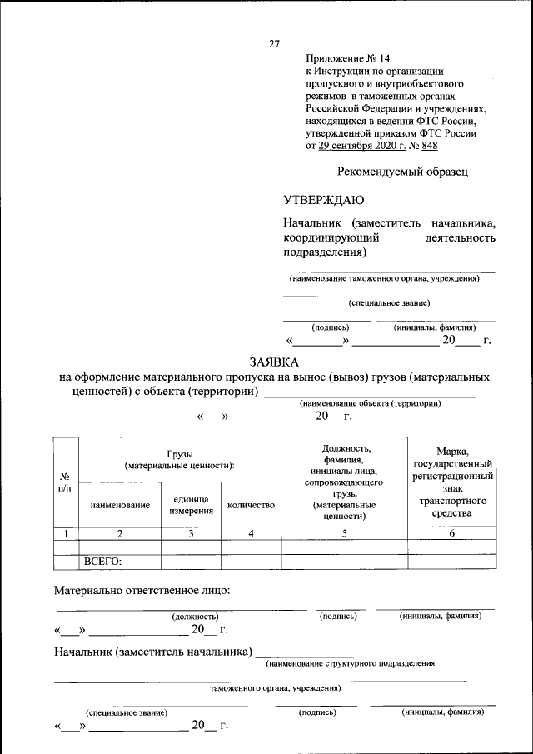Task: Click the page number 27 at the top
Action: point(274,44)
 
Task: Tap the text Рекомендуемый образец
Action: point(403,172)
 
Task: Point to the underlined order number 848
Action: point(430,146)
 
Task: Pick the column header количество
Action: point(251,505)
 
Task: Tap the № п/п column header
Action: point(65,481)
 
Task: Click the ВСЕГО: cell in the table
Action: point(103,562)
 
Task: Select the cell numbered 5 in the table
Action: point(344,533)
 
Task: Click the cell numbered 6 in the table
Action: point(451,533)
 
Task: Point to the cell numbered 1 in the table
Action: point(65,533)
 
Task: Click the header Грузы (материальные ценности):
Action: point(179,459)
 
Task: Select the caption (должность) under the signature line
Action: point(195,617)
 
